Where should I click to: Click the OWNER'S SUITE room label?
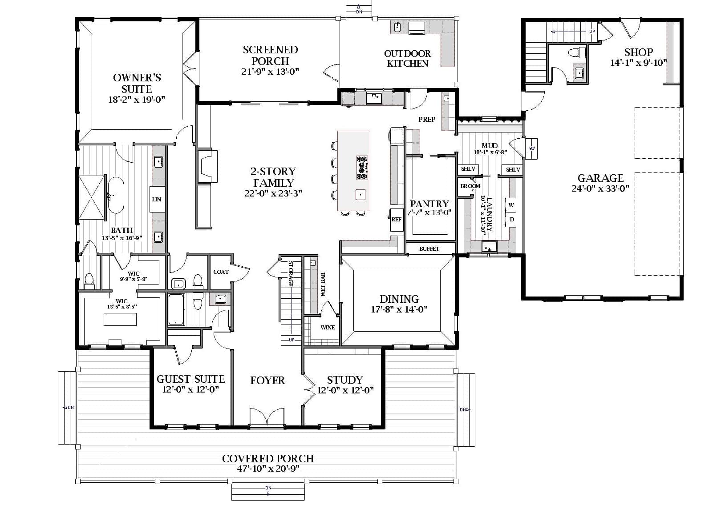pos(137,83)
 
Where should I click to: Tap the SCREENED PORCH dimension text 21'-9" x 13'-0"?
pos(270,72)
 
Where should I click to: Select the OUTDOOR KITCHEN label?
pos(407,58)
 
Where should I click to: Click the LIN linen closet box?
pos(156,199)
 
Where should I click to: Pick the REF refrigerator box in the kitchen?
pos(396,220)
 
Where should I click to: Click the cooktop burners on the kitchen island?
pos(362,168)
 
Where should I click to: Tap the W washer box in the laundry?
pos(511,205)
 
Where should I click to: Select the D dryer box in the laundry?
pos(512,220)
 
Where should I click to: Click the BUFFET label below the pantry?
pos(429,249)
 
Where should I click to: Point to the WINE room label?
pos(328,328)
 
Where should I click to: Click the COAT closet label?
pos(221,272)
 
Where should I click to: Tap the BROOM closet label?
pos(470,186)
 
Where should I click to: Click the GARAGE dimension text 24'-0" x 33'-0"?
pos(600,188)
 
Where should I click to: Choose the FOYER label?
pos(267,380)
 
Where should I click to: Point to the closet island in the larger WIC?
pos(120,320)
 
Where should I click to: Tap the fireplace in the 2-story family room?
pos(207,166)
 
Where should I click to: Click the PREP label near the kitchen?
pos(426,119)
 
